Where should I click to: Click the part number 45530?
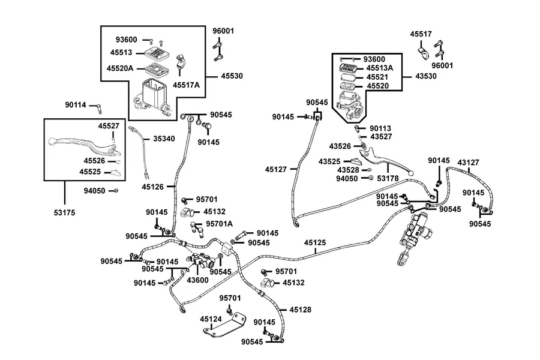[232, 76]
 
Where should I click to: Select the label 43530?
[426, 76]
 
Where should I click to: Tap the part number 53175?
[64, 213]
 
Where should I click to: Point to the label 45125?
[315, 243]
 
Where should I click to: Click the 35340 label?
[164, 139]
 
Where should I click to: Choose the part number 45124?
[211, 319]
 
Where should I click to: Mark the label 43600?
[197, 280]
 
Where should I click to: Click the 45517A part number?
[187, 85]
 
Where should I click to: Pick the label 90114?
[76, 105]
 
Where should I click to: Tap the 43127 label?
[468, 163]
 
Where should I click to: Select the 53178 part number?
[388, 178]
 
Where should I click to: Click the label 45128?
[301, 310]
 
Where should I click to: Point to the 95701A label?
[220, 224]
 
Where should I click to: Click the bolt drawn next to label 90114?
[99, 109]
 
